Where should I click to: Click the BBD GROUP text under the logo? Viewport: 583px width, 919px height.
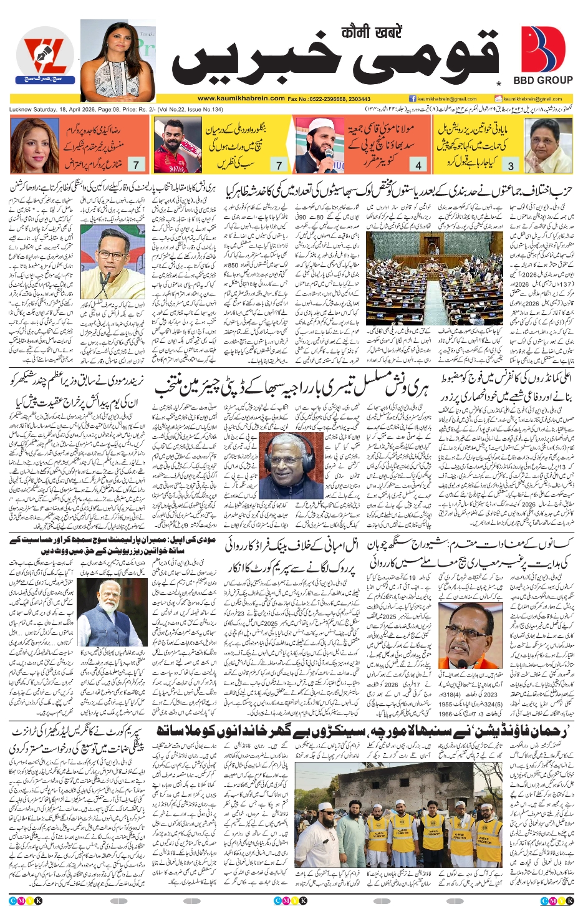(x=542, y=80)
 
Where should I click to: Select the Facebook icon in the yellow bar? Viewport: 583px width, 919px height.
(x=412, y=99)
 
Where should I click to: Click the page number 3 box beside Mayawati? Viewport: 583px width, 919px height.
(x=511, y=165)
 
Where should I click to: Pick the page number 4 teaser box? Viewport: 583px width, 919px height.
(x=418, y=165)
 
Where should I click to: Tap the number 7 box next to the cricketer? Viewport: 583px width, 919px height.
(x=279, y=165)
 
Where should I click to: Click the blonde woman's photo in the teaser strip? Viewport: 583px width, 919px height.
(x=34, y=145)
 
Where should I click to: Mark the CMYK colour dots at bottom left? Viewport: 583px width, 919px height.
(x=26, y=901)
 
